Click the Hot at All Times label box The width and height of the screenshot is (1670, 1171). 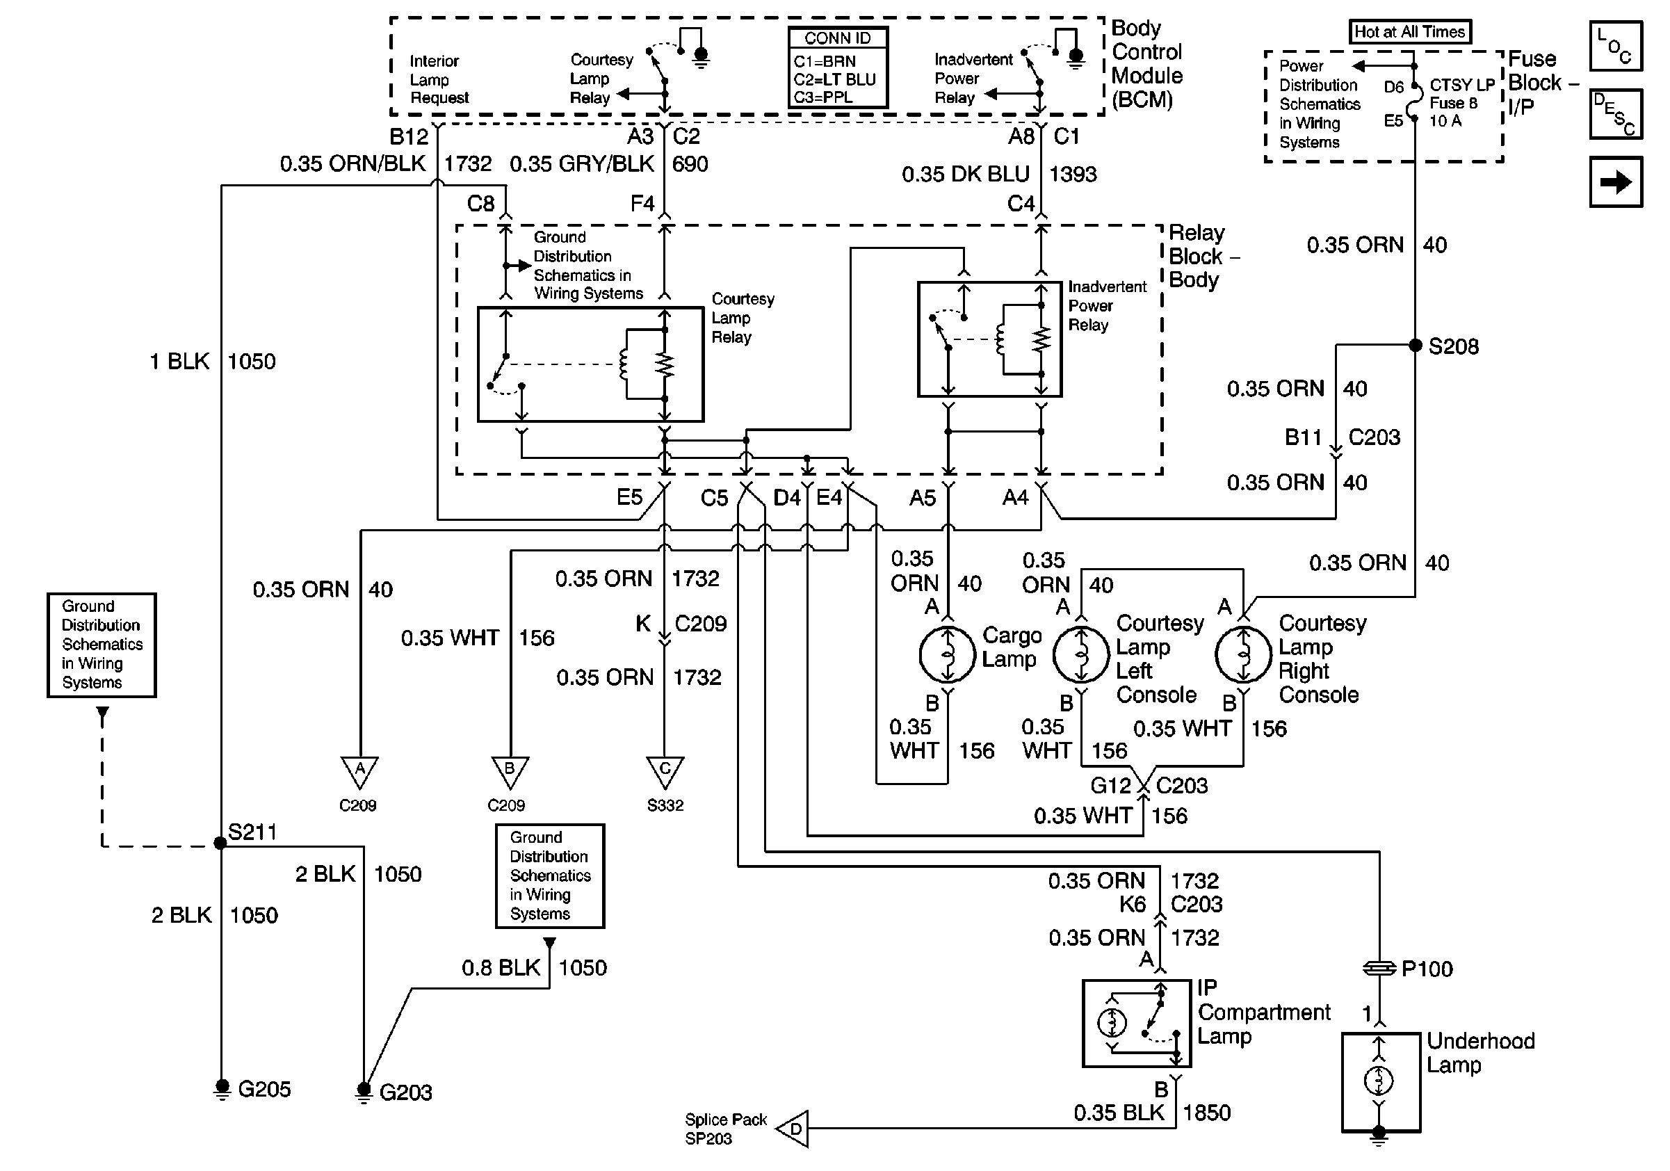tap(1409, 32)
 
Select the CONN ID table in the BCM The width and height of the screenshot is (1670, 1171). tap(838, 68)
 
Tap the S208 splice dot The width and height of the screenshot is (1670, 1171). tap(1416, 346)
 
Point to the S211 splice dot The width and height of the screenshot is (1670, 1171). tap(220, 843)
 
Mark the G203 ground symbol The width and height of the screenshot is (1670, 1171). tap(364, 1091)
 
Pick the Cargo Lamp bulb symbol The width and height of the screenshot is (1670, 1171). tap(947, 654)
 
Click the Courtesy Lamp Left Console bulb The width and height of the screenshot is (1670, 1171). tap(1081, 654)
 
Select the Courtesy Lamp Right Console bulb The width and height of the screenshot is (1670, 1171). tap(1243, 654)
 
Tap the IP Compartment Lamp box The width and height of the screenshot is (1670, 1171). tap(1137, 1024)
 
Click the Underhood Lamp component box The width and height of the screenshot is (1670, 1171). tap(1381, 1081)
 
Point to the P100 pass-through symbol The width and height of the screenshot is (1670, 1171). tap(1379, 968)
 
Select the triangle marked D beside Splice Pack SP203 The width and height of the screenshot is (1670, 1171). tap(793, 1129)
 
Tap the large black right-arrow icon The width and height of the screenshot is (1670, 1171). tap(1616, 181)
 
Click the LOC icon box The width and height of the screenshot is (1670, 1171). tap(1616, 47)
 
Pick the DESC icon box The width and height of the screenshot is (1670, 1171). tap(1616, 114)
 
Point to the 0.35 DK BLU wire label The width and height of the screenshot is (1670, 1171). tap(965, 175)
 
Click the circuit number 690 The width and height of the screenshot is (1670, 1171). tap(690, 164)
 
